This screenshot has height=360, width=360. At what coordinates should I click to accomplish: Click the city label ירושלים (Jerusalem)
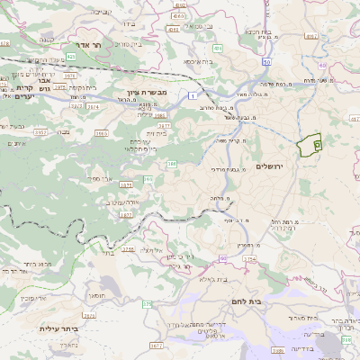point(269,167)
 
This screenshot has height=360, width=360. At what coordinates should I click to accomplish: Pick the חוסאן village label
point(96,294)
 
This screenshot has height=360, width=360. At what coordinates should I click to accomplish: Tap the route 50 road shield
point(267,62)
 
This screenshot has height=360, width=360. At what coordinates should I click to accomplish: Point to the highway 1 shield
point(192,94)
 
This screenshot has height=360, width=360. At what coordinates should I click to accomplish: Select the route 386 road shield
point(171,164)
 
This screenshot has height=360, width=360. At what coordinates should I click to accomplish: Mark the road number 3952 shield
point(40,131)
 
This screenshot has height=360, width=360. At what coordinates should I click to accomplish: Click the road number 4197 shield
point(311,37)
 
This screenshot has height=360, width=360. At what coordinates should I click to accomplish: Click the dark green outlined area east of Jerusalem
point(310,143)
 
